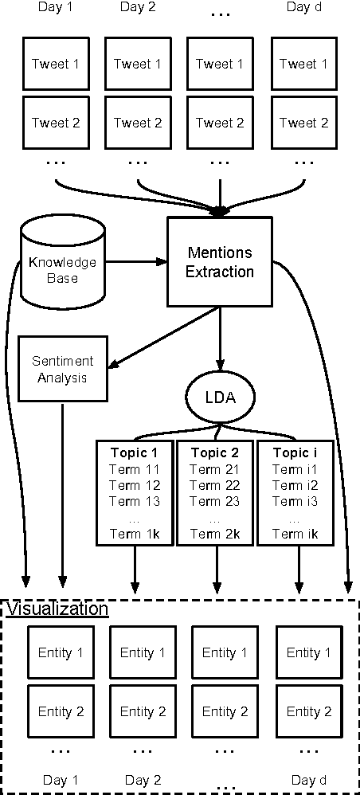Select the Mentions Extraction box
219,262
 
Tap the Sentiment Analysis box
62,370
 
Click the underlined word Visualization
57,609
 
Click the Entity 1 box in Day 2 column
137,653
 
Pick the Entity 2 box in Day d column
303,711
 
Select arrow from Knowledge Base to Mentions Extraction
135,261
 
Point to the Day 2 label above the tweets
137,8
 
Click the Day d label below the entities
303,781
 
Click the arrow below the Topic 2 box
216,570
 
